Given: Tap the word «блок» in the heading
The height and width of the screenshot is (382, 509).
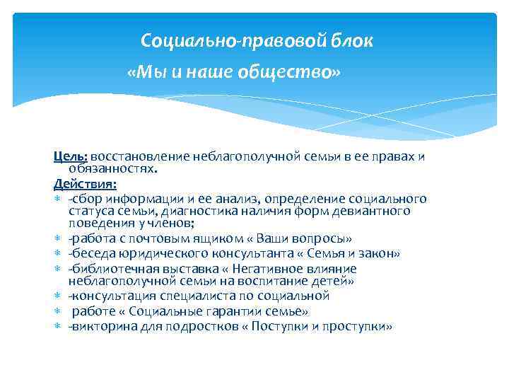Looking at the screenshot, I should point(351,41).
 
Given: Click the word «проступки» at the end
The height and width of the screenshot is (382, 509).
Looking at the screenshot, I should point(361,327).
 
